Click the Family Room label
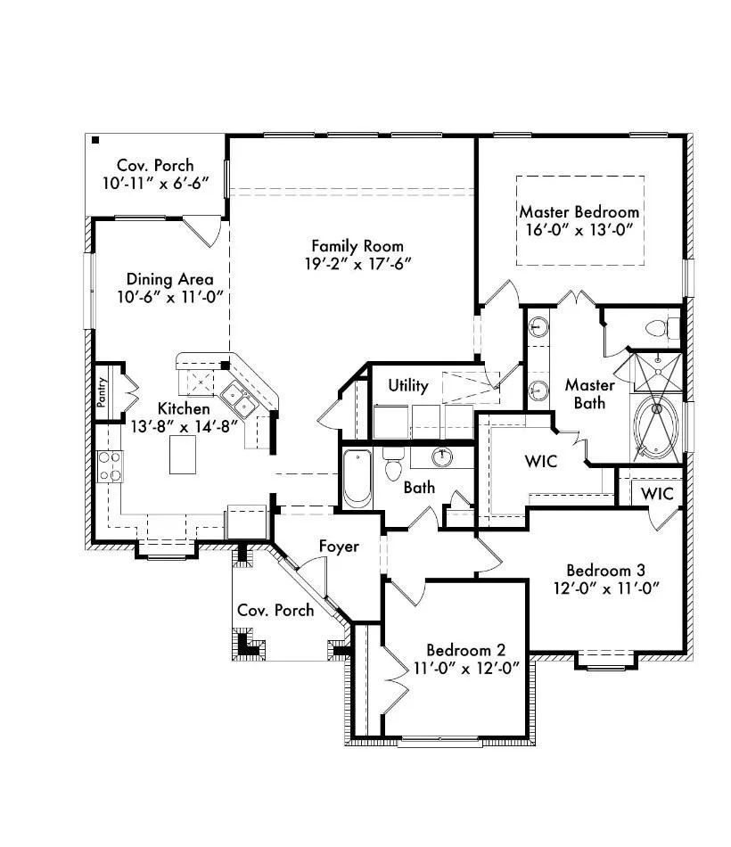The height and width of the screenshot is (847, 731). pyautogui.click(x=357, y=246)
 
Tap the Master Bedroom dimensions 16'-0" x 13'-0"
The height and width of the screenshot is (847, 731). pyautogui.click(x=579, y=230)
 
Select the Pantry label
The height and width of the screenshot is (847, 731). pyautogui.click(x=102, y=391)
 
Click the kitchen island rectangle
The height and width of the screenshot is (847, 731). pyautogui.click(x=183, y=455)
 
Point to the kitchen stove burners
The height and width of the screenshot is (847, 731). pyautogui.click(x=109, y=466)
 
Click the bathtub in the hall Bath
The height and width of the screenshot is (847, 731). pyautogui.click(x=357, y=479)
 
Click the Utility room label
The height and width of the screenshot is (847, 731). pyautogui.click(x=408, y=385)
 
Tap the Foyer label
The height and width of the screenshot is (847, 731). pyautogui.click(x=339, y=547)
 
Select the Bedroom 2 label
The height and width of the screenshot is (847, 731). pyautogui.click(x=465, y=649)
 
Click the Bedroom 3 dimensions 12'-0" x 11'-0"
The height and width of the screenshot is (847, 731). pyautogui.click(x=606, y=588)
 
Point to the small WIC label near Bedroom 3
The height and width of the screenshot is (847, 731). pyautogui.click(x=657, y=493)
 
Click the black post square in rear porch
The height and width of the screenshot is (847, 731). pyautogui.click(x=95, y=141)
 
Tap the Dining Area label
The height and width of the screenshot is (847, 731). pyautogui.click(x=169, y=279)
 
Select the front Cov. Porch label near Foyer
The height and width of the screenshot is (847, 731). pyautogui.click(x=275, y=610)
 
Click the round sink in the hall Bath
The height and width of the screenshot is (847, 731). pyautogui.click(x=442, y=457)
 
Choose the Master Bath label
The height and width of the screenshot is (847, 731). pyautogui.click(x=589, y=394)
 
